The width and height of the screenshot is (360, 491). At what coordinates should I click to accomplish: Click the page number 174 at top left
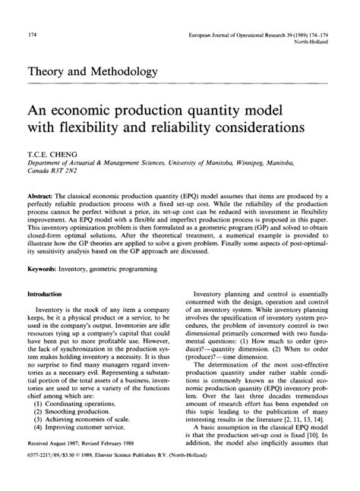click(33, 36)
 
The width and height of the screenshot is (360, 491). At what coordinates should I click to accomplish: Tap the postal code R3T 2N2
click(70, 172)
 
